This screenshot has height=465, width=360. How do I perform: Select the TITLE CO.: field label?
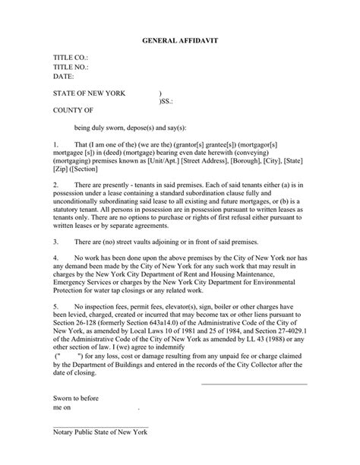(71, 58)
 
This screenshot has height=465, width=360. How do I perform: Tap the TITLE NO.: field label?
(71, 67)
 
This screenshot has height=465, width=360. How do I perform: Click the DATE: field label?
(64, 76)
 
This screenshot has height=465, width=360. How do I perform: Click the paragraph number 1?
(55, 143)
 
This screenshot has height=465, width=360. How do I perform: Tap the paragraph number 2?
(55, 185)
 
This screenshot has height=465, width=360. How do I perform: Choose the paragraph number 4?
(55, 259)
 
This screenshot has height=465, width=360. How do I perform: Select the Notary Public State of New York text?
(100, 432)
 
